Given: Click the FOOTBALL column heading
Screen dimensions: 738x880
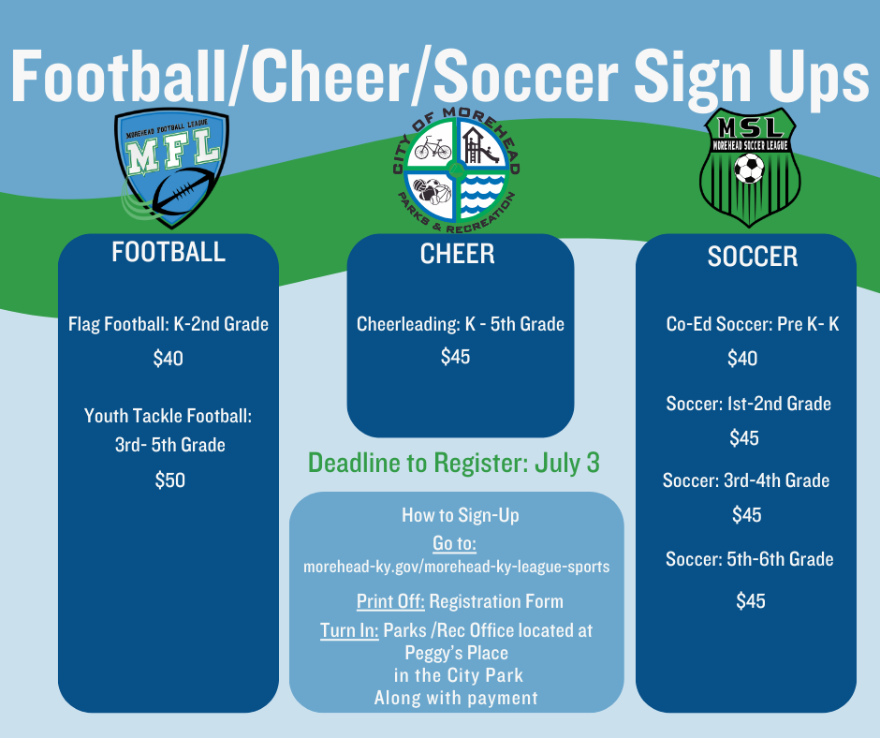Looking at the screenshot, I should click(x=169, y=252).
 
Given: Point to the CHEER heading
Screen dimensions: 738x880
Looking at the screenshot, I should click(x=457, y=254).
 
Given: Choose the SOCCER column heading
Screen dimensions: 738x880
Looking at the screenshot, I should click(x=752, y=257).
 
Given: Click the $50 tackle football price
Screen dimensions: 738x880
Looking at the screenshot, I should click(x=169, y=480).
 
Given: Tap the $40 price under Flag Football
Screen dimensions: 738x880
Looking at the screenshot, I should click(x=168, y=359).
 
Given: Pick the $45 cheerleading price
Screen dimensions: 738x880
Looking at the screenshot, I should click(x=456, y=357).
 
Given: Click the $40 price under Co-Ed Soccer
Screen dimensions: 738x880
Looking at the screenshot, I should click(x=742, y=359).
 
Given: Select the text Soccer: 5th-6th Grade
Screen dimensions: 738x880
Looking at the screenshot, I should click(x=749, y=560).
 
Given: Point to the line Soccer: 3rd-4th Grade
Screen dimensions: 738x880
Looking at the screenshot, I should click(x=746, y=481).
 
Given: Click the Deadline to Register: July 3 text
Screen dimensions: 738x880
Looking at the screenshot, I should click(x=454, y=463).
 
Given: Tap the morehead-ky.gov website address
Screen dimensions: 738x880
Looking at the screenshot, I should click(x=457, y=568).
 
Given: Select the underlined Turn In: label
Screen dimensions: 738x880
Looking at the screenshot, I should click(x=349, y=631).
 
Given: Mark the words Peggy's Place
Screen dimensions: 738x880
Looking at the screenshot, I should click(x=457, y=653).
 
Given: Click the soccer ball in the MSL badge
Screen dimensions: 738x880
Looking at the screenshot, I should click(x=749, y=169).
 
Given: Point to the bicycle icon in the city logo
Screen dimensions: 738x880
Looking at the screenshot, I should click(x=433, y=148).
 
